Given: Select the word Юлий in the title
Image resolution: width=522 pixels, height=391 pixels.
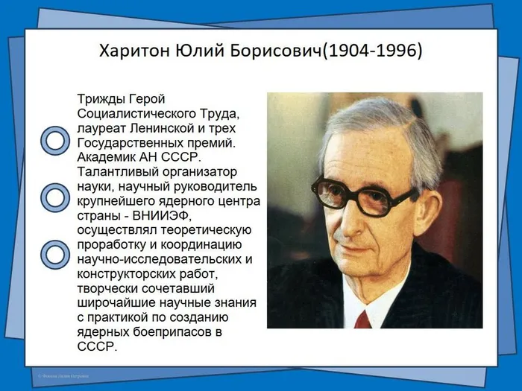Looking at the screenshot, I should (x=195, y=52).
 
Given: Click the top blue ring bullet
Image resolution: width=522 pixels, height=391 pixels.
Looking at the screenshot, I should (x=54, y=140).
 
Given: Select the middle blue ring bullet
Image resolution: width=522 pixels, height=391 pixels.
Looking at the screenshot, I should (x=54, y=197).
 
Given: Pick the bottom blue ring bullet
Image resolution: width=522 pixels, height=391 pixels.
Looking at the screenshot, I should (x=54, y=254).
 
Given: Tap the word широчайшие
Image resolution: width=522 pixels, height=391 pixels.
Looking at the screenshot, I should (x=116, y=302).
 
